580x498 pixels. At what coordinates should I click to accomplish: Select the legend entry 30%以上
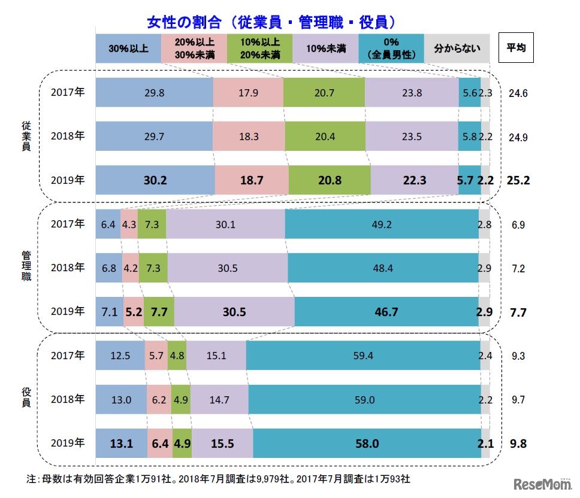click(128, 48)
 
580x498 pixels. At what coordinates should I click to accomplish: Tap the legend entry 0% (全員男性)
click(391, 48)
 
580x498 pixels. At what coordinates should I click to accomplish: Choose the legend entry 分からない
click(457, 48)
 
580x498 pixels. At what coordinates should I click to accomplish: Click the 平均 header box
click(516, 48)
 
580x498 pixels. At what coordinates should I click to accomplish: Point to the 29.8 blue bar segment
click(155, 92)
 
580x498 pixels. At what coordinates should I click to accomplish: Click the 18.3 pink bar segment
click(249, 136)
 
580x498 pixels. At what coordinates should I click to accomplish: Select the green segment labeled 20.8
click(329, 180)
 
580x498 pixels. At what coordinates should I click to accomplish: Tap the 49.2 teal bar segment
click(382, 224)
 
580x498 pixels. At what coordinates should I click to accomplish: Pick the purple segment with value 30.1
click(225, 224)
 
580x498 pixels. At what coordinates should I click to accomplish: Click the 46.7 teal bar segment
click(386, 312)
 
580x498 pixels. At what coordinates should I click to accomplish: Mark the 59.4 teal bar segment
click(363, 356)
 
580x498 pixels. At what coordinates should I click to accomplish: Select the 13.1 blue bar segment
click(122, 444)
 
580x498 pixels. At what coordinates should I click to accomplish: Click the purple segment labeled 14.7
click(219, 399)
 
